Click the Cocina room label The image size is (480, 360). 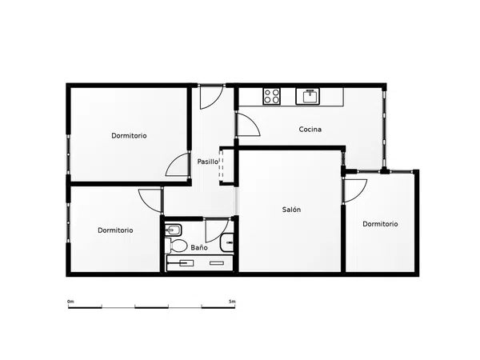pyautogui.click(x=310, y=130)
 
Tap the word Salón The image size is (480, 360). pyautogui.click(x=291, y=210)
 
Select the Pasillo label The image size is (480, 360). pyautogui.click(x=207, y=162)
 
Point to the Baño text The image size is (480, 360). pyautogui.click(x=199, y=247)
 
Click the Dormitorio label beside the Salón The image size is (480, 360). pyautogui.click(x=380, y=224)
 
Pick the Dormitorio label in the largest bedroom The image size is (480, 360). pyautogui.click(x=129, y=136)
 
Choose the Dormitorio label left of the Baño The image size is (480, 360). pyautogui.click(x=115, y=230)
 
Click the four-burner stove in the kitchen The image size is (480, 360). pyautogui.click(x=271, y=96)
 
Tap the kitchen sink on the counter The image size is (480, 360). pyautogui.click(x=308, y=97)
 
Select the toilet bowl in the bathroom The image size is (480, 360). pyautogui.click(x=176, y=246)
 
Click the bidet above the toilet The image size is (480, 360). pyautogui.click(x=174, y=230)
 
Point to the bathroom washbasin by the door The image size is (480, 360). pyautogui.click(x=227, y=242)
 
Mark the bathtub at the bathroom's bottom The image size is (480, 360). pyautogui.click(x=199, y=263)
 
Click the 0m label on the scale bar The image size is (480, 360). pyautogui.click(x=70, y=302)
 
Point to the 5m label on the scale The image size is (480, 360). pyautogui.click(x=232, y=302)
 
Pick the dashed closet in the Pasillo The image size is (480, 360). pyautogui.click(x=222, y=166)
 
